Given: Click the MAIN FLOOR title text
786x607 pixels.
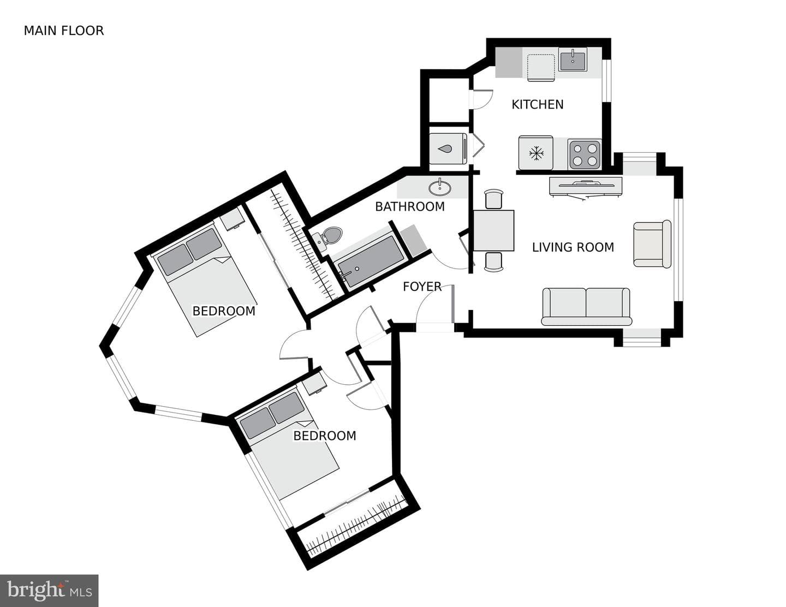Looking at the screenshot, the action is pyautogui.click(x=64, y=31).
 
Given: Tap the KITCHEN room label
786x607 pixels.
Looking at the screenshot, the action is pyautogui.click(x=537, y=105).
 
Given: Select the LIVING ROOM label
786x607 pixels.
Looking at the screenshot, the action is pyautogui.click(x=573, y=247).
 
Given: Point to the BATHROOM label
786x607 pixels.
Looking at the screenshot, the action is pyautogui.click(x=410, y=206).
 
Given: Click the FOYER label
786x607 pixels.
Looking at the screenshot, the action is pyautogui.click(x=422, y=287).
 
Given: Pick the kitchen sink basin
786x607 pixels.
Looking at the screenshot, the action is pyautogui.click(x=573, y=59).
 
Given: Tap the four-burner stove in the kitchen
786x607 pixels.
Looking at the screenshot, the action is pyautogui.click(x=585, y=154).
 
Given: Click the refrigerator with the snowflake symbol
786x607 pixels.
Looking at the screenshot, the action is pyautogui.click(x=535, y=153).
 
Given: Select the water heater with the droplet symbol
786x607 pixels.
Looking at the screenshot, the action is pyautogui.click(x=448, y=148).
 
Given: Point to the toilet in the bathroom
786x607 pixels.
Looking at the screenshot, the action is pyautogui.click(x=327, y=238).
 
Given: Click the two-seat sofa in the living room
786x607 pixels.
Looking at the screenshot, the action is pyautogui.click(x=586, y=307).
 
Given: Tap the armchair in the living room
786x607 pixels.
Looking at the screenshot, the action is pyautogui.click(x=652, y=244).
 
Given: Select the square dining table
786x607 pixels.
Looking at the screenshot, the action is pyautogui.click(x=493, y=230).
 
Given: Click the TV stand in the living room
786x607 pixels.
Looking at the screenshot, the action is pyautogui.click(x=586, y=187).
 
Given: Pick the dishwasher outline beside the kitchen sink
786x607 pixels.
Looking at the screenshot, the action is pyautogui.click(x=541, y=67).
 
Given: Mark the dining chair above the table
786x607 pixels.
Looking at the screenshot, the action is pyautogui.click(x=494, y=199).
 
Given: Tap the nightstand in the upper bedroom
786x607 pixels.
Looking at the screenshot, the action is pyautogui.click(x=233, y=218).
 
